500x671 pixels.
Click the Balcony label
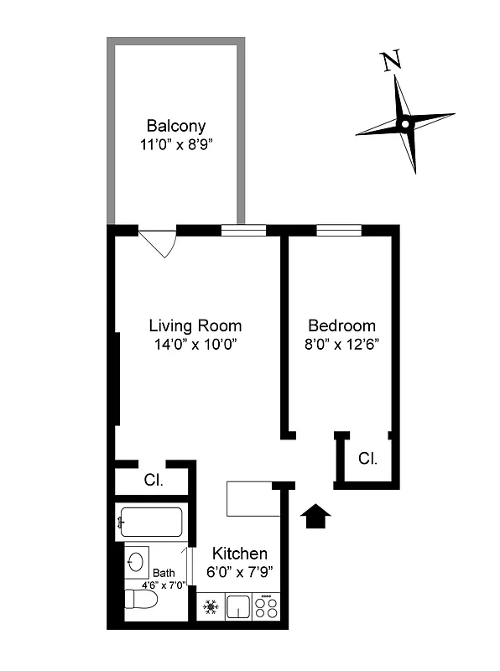click(x=176, y=126)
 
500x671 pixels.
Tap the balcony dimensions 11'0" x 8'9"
click(x=176, y=143)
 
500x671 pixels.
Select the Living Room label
click(x=195, y=325)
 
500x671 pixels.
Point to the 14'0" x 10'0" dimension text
click(x=195, y=345)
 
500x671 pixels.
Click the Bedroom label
click(x=341, y=325)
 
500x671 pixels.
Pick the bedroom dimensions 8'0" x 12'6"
click(x=341, y=345)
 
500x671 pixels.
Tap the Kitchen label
click(x=240, y=554)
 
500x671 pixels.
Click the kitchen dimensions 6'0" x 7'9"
click(x=240, y=573)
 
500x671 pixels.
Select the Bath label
click(x=164, y=574)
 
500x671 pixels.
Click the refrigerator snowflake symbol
click(x=211, y=606)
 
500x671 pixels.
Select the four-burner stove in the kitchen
click(x=266, y=606)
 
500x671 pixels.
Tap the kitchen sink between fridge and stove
click(x=238, y=606)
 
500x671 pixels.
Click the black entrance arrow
click(x=315, y=517)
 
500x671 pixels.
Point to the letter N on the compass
click(x=389, y=62)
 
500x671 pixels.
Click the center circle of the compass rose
click(x=404, y=124)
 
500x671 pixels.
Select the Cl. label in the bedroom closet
click(x=367, y=459)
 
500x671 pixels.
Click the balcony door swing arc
click(x=158, y=243)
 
